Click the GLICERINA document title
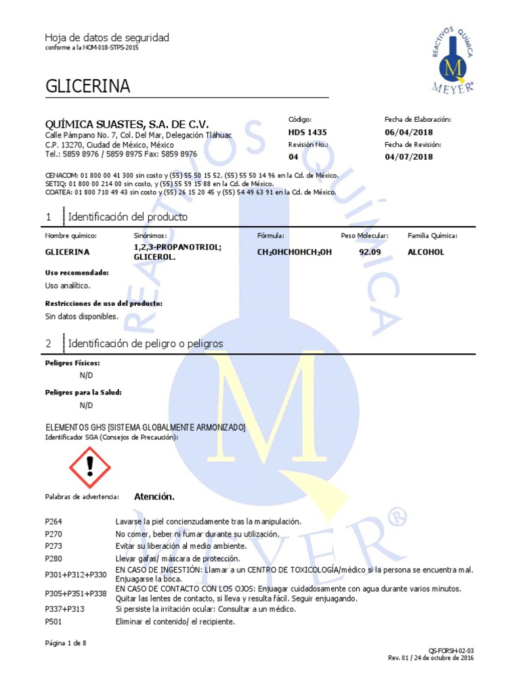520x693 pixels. point(87,87)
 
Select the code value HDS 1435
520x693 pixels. point(307,132)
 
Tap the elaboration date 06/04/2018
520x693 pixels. point(408,132)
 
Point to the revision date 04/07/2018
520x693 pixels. point(408,157)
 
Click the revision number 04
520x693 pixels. point(293,157)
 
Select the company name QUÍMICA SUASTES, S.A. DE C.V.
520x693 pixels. point(127,125)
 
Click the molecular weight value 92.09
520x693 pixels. point(370,252)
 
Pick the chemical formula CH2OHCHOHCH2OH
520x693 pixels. point(295,252)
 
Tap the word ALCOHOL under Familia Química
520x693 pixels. point(426,252)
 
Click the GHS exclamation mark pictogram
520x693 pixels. point(90,468)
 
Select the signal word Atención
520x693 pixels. point(154,497)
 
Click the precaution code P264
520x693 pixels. point(54,521)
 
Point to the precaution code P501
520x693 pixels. point(54,621)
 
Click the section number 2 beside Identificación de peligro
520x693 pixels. point(48,344)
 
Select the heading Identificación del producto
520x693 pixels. point(128,217)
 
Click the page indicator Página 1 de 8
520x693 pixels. point(66,643)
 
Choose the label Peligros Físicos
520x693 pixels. point(72,363)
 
